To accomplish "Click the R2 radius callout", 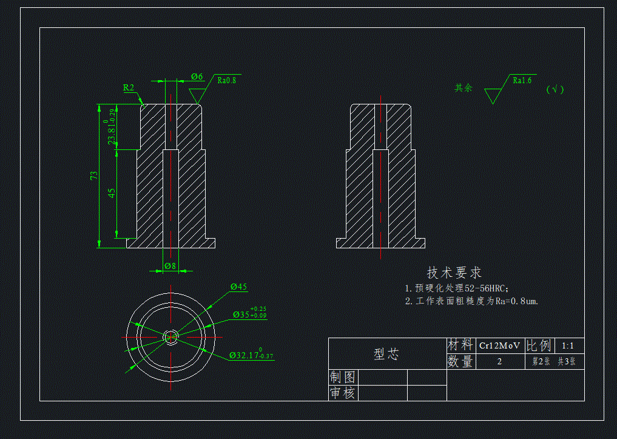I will click(x=129, y=87).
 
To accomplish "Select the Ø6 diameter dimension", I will click(x=197, y=77).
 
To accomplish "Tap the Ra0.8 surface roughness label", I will click(x=226, y=80).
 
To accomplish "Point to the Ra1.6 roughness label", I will click(x=522, y=80).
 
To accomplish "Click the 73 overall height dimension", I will click(x=94, y=175).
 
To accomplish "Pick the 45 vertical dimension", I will click(x=112, y=192).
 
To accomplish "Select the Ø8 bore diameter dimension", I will click(x=170, y=265).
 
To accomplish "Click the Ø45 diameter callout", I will click(x=238, y=287).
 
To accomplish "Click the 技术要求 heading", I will click(x=454, y=273).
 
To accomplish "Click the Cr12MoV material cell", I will click(x=499, y=345).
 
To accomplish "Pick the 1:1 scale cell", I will click(x=568, y=345).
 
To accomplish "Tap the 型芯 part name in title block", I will click(x=386, y=354).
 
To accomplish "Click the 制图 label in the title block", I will click(x=342, y=377).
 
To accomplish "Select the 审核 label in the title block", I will click(x=342, y=393).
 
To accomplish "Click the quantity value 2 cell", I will click(x=499, y=361).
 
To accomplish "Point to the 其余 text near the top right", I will click(x=464, y=87).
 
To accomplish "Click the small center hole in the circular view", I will click(x=171, y=335).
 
